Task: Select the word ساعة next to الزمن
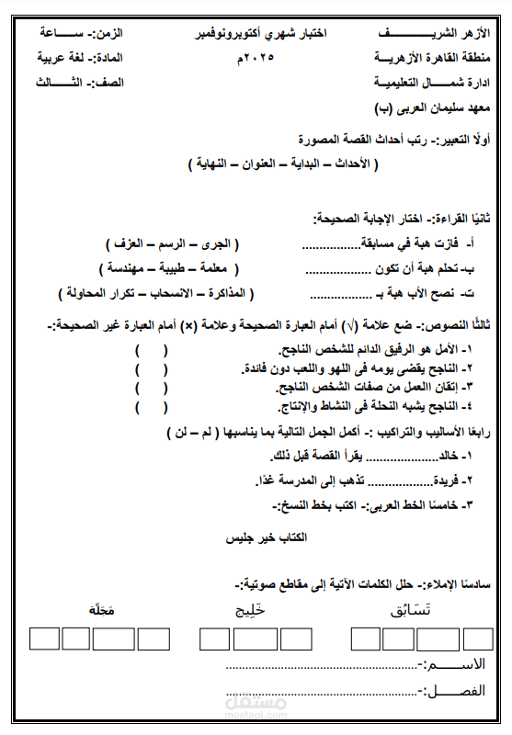[64, 33]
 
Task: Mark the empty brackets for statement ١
[151, 351]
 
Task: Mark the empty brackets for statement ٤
[151, 406]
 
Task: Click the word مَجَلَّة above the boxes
[99, 610]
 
